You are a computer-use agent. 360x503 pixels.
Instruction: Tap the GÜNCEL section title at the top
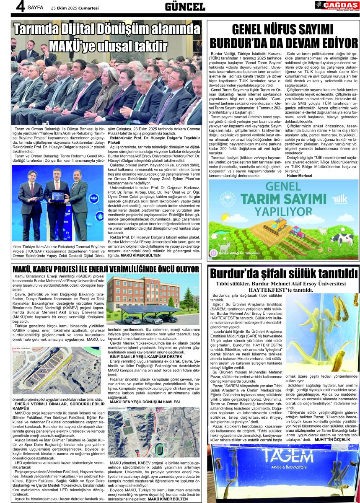click(185, 7)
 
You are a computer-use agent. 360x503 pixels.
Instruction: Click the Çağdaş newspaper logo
click(337, 5)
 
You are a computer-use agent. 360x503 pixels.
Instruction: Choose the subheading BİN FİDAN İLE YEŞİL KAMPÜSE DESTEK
click(141, 356)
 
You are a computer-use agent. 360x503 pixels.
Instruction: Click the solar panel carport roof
click(148, 309)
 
